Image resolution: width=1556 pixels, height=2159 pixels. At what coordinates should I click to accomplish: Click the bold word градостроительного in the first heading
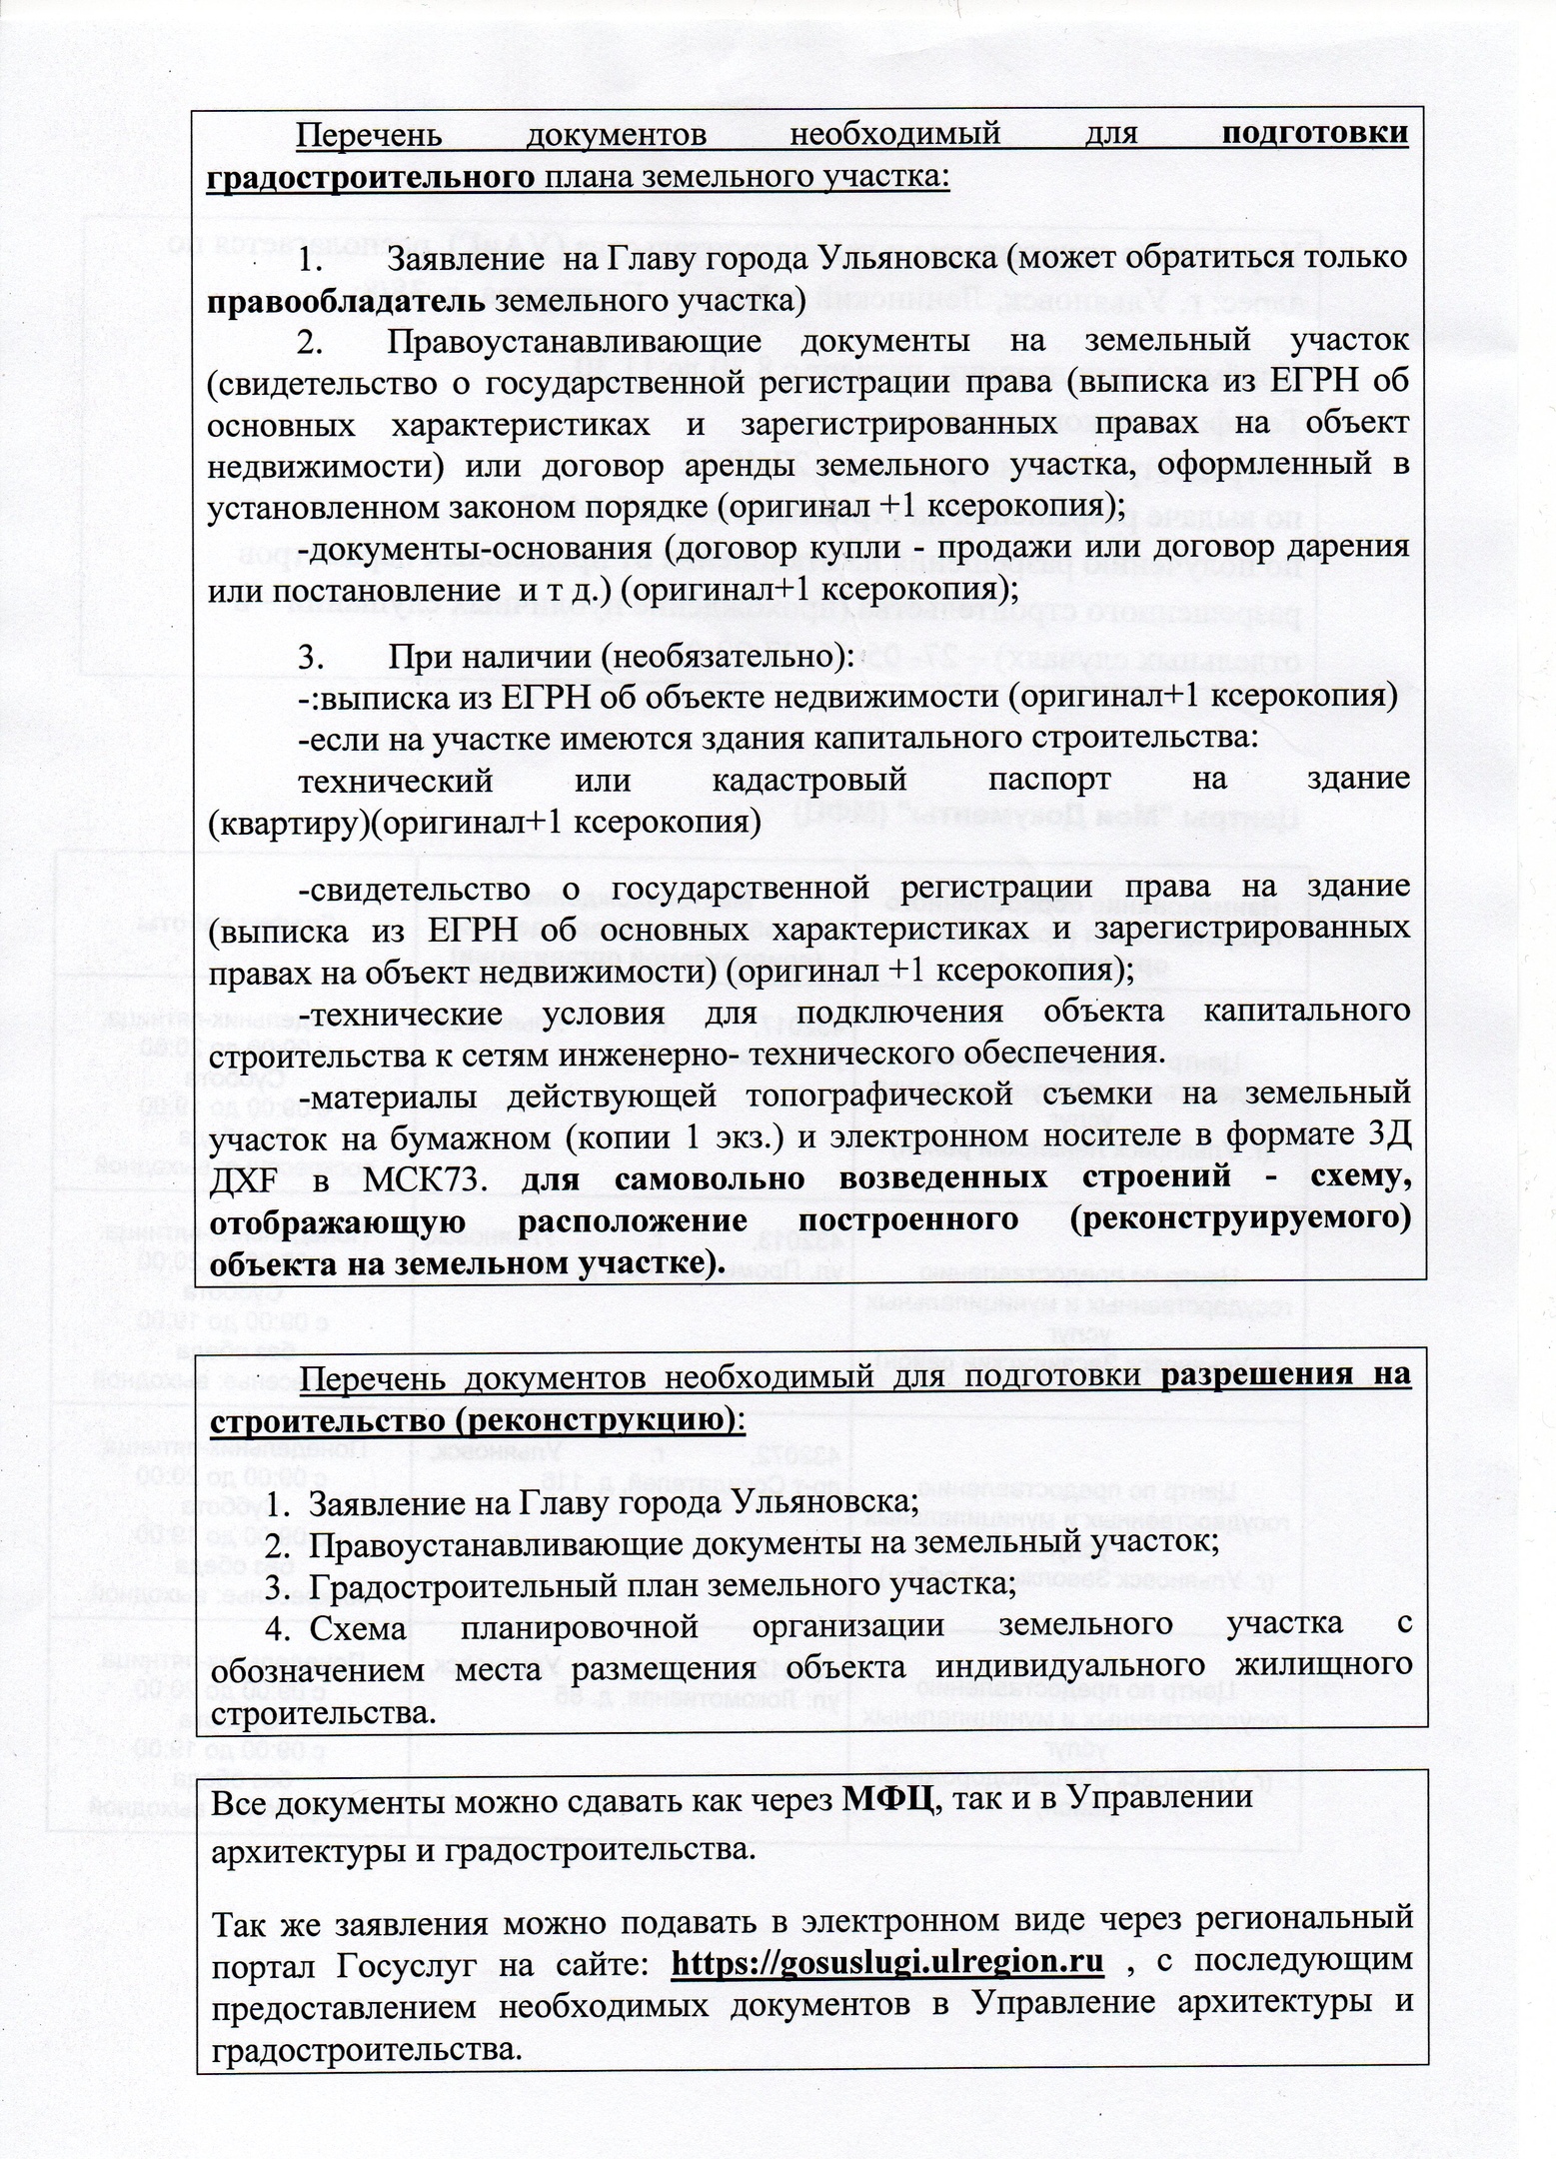coord(370,177)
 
